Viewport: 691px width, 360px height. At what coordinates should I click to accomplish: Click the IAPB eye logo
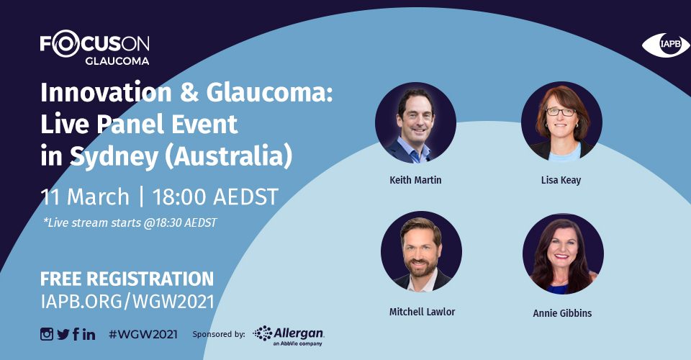(665, 45)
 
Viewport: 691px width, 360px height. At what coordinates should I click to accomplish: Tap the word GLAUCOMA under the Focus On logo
(117, 60)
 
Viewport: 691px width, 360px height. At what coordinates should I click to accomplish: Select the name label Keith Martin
(415, 180)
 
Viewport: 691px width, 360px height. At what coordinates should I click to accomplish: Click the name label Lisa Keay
(561, 180)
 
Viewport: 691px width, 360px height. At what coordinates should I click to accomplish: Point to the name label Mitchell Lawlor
(423, 312)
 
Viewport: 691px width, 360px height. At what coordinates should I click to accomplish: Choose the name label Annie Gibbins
(562, 313)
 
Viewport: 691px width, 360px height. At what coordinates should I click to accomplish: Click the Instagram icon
(47, 334)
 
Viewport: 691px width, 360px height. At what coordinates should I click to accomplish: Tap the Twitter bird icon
(63, 335)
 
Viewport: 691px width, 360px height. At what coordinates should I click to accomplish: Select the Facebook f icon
(76, 334)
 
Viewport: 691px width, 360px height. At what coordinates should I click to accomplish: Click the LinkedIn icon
(89, 335)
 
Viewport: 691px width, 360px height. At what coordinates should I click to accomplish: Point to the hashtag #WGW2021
(143, 335)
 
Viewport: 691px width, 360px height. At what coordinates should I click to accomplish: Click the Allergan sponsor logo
(289, 336)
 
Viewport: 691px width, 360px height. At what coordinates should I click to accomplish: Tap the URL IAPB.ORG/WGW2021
(127, 302)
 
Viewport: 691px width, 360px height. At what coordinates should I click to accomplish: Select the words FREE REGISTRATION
(127, 279)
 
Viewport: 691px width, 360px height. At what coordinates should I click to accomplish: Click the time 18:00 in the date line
(181, 197)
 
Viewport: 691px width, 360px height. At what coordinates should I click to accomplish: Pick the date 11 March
(85, 197)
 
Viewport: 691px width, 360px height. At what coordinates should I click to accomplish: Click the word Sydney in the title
(114, 157)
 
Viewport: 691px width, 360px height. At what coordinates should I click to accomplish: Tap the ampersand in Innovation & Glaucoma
(189, 93)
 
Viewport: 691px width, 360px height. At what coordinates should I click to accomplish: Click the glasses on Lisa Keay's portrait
(561, 112)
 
